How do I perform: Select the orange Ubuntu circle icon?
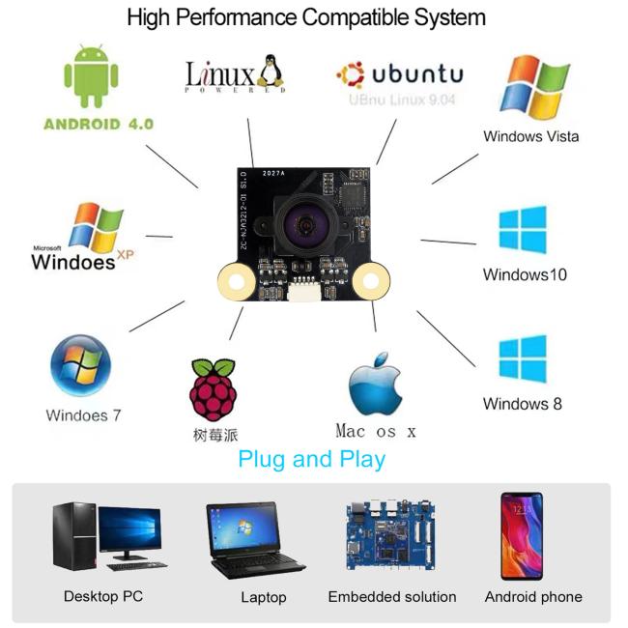pos(350,75)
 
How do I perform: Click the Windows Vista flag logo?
pos(532,88)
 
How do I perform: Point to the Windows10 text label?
pos(525,274)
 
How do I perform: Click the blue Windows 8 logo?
pos(523,358)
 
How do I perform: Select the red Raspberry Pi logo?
pos(214,388)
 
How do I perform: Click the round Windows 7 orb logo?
pos(81,368)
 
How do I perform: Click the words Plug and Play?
pos(311,458)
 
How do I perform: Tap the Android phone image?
pos(521,536)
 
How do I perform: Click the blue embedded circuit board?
pos(391,537)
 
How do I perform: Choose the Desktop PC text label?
pos(102,596)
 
